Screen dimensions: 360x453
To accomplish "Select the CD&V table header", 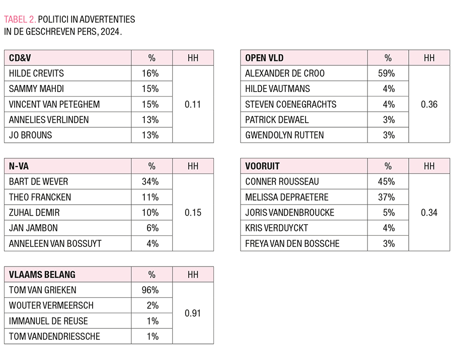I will click(20, 58).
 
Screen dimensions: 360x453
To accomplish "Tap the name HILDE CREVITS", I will click(36, 73).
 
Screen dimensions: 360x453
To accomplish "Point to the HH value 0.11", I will click(193, 105).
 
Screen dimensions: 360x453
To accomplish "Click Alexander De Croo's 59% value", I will click(386, 73).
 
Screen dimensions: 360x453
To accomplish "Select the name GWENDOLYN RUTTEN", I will click(284, 135).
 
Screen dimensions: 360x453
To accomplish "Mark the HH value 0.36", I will click(429, 105).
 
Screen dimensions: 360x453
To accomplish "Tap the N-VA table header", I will click(19, 166).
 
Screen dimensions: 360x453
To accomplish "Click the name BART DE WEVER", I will click(38, 182).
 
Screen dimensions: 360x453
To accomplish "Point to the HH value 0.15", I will click(193, 213).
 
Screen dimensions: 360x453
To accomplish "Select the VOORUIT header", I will click(262, 166).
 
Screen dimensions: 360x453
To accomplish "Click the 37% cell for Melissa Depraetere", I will click(386, 197).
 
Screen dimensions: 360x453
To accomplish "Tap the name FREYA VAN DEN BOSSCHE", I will click(292, 243).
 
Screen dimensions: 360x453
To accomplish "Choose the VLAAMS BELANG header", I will click(42, 275).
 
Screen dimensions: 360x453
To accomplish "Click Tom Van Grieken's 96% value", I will click(150, 290).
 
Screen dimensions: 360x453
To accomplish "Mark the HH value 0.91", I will click(193, 313).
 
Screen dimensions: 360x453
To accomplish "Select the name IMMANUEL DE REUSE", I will click(48, 321).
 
